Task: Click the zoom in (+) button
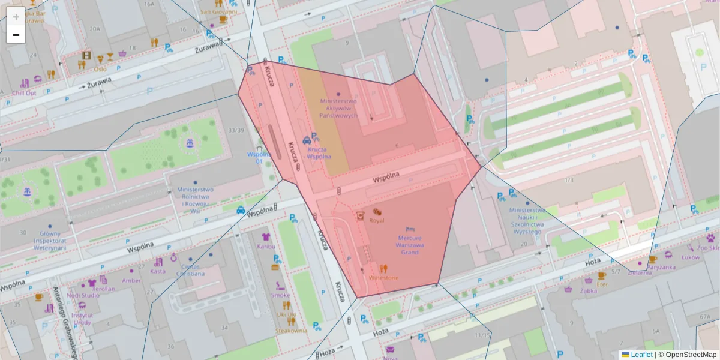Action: [16, 17]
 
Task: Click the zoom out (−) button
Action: [16, 35]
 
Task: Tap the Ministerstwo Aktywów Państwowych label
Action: [338, 108]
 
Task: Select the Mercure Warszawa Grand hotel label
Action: [410, 245]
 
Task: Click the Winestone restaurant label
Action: [383, 278]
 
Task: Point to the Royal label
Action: [376, 220]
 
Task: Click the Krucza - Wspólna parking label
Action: [319, 152]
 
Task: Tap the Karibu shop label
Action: [266, 246]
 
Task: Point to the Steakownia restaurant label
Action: [291, 330]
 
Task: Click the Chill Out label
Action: [25, 93]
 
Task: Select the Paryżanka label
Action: [661, 267]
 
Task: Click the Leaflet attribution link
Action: [641, 355]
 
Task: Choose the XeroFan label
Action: [104, 289]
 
